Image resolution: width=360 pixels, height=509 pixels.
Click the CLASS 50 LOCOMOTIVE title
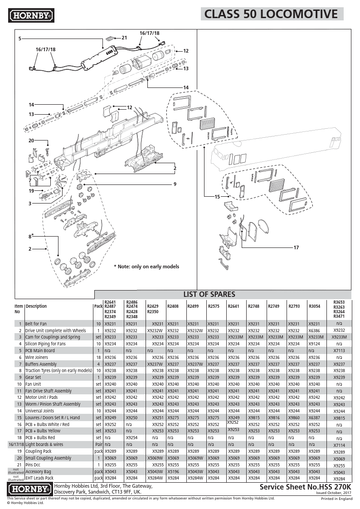pyautogui.click(x=271, y=14)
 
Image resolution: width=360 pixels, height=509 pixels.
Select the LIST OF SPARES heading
pyautogui.click(x=209, y=294)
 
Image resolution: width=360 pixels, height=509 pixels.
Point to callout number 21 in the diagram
pyautogui.click(x=124, y=38)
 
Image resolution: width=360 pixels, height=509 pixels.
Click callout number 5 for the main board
pyautogui.click(x=20, y=39)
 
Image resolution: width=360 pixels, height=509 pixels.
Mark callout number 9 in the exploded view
pyautogui.click(x=174, y=184)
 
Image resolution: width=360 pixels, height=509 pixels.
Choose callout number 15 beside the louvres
pyautogui.click(x=217, y=197)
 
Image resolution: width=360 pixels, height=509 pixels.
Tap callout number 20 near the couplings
pyautogui.click(x=31, y=141)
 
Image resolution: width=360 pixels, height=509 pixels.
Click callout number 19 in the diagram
pyautogui.click(x=31, y=191)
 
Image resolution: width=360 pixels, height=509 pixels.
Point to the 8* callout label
pyautogui.click(x=31, y=237)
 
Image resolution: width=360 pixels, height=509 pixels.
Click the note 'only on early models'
pyautogui.click(x=146, y=267)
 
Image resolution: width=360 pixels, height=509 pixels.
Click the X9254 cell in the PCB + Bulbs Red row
pyautogui.click(x=131, y=438)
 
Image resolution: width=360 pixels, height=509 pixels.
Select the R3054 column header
pyautogui.click(x=314, y=306)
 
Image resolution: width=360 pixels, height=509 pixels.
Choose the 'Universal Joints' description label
pyautogui.click(x=39, y=411)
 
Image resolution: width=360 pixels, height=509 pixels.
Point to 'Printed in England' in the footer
pyautogui.click(x=336, y=499)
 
